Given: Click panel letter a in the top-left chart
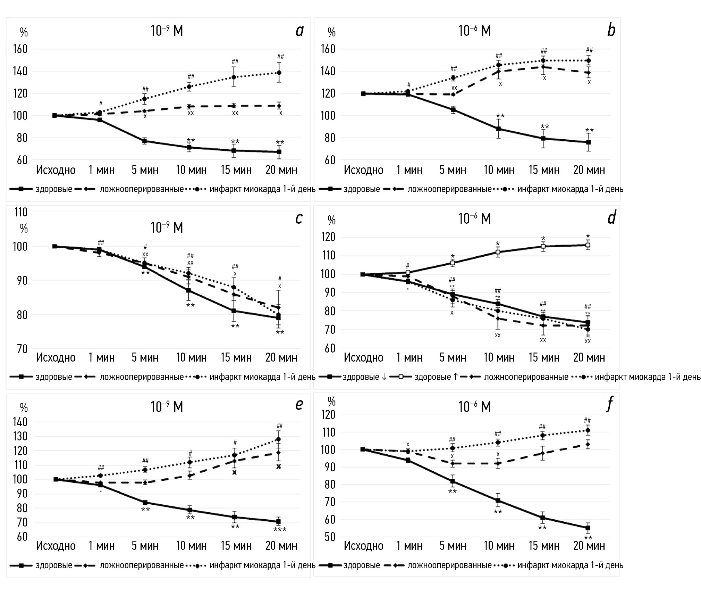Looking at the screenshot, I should tap(299, 31).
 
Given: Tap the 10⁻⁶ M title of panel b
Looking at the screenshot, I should tap(474, 31).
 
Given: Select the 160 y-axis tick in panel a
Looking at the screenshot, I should tap(20, 49).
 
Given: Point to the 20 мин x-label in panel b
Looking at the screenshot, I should tap(589, 170).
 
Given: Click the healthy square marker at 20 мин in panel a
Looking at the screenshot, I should tap(279, 152).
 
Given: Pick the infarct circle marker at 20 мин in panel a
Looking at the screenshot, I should tap(279, 73).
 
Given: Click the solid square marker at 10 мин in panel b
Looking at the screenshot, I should tap(498, 129).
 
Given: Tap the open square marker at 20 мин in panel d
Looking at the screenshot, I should tap(588, 245).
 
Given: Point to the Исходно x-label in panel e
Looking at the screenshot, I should tap(56, 546).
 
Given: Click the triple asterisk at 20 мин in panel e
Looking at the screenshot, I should tap(280, 530).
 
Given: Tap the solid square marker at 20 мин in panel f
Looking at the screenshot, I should tap(588, 528).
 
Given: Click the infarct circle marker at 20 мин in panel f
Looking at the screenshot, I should tap(588, 430).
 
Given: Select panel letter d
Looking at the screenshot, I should tap(611, 218).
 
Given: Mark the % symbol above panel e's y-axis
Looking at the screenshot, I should tap(24, 407).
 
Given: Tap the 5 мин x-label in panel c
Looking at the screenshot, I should tap(145, 357).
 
